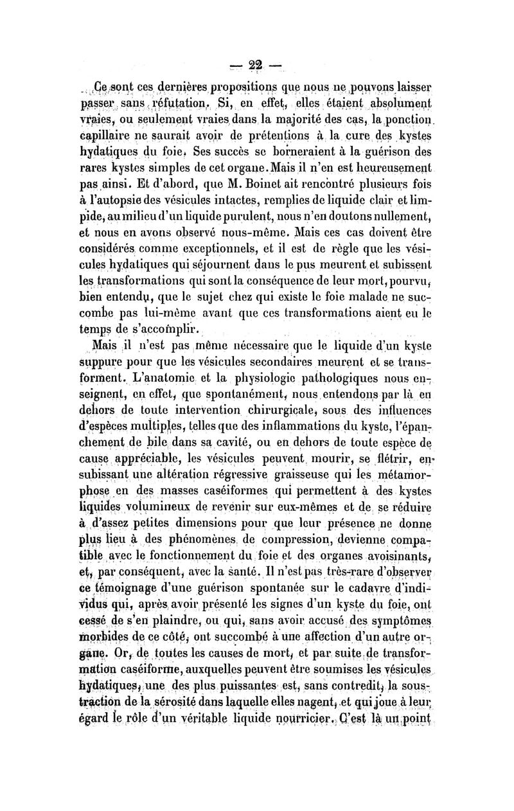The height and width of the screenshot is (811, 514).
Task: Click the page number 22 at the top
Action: (257, 67)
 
